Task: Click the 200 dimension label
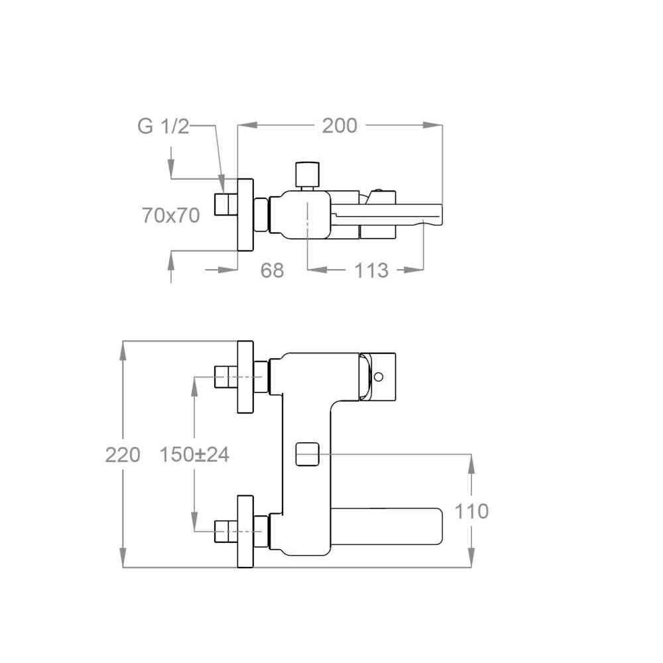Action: coord(339,125)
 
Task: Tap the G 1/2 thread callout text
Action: coord(163,126)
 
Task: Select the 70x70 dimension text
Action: coord(171,215)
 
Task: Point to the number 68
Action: coord(272,271)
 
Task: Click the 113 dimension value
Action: coord(371,271)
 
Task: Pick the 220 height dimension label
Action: coord(123,455)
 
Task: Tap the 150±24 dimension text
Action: coord(194,455)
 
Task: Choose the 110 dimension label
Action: coord(471,511)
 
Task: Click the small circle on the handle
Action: coord(379,377)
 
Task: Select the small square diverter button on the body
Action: coord(307,454)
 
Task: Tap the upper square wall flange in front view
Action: coord(245,377)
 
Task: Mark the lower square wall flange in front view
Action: coord(245,531)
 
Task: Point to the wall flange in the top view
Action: coord(245,215)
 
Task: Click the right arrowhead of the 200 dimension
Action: coord(432,125)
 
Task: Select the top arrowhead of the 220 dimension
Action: coord(123,351)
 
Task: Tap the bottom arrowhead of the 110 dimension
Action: coord(471,558)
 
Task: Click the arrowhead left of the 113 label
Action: coord(318,270)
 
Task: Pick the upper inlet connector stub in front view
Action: coord(226,377)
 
